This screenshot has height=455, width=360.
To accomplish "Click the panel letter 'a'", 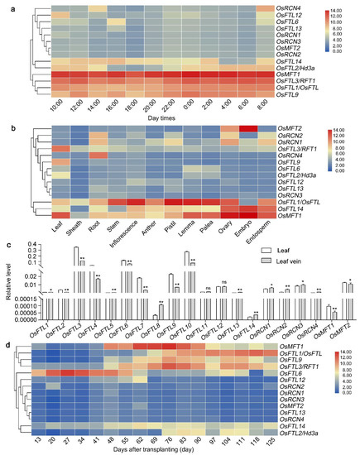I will [5, 6].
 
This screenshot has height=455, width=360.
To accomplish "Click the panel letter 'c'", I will [5, 243].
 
